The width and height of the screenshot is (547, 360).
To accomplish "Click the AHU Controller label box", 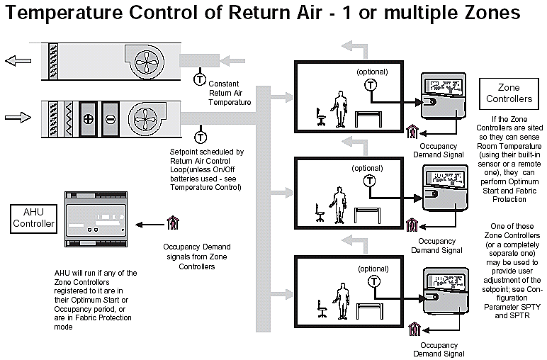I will click(x=33, y=218).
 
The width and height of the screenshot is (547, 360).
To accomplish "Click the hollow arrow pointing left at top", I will click(x=16, y=61).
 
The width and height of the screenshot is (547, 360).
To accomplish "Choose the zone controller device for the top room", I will click(x=441, y=96).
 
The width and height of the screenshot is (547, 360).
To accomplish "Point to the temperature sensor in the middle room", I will click(x=368, y=181).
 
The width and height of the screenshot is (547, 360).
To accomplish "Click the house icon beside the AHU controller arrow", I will click(x=171, y=224).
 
